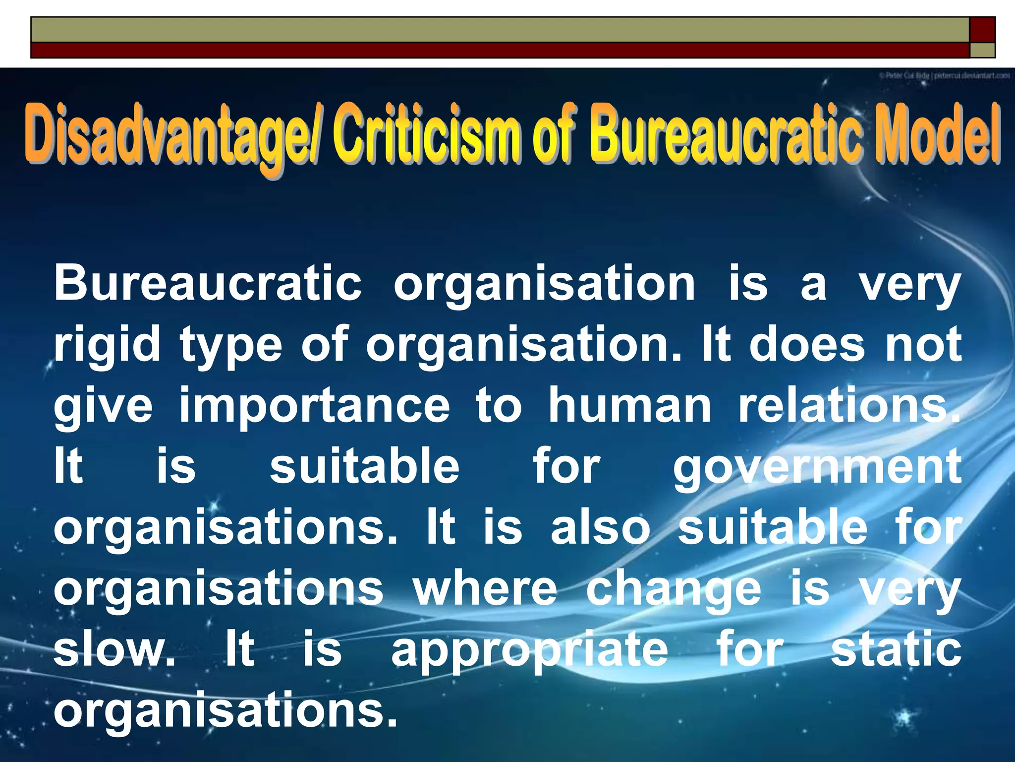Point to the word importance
pyautogui.click(x=314, y=406)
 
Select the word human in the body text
pyautogui.click(x=629, y=406)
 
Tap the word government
pyautogui.click(x=817, y=467)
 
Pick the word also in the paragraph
pyautogui.click(x=600, y=527)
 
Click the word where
pyautogui.click(x=485, y=588)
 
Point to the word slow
pyautogui.click(x=114, y=650)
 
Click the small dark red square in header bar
pyautogui.click(x=982, y=29)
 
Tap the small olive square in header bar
pyautogui.click(x=982, y=50)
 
